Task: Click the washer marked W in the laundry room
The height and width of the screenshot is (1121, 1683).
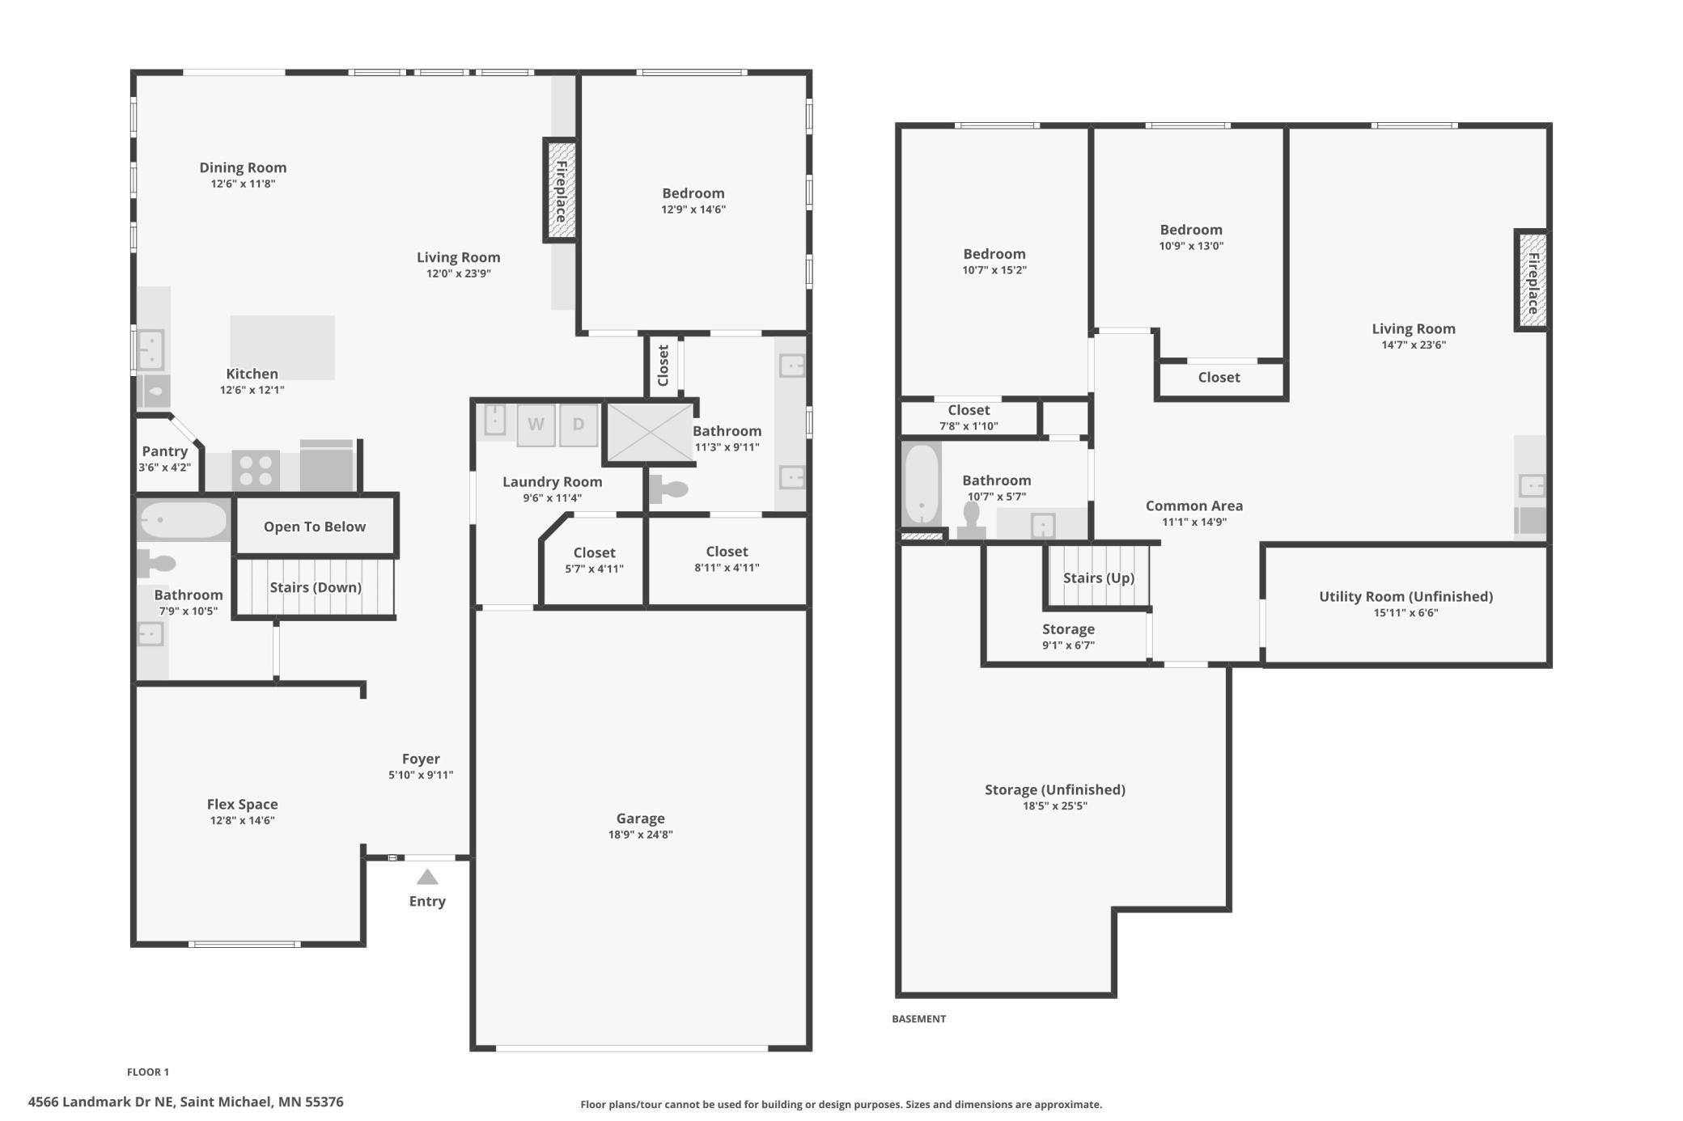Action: pos(536,425)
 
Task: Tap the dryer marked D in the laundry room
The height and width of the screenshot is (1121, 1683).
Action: pos(578,425)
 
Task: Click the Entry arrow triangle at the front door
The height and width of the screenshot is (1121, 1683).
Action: pos(427,877)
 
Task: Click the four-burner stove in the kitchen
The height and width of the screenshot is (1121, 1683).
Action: pos(256,471)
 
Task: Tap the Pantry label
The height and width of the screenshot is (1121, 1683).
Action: pos(165,451)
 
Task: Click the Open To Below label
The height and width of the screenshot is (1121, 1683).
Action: pos(315,527)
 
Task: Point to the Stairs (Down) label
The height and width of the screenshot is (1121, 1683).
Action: pos(316,587)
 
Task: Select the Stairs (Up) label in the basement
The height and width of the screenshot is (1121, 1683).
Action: pos(1099,577)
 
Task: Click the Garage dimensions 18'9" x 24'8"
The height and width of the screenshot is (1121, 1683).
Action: pos(641,835)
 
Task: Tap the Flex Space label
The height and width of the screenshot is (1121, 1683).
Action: pos(243,804)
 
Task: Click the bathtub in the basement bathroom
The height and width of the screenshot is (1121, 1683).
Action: pos(922,484)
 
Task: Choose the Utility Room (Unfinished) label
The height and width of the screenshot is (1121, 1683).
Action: pos(1406,596)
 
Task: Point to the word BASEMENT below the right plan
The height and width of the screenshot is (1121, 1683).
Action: pos(919,1019)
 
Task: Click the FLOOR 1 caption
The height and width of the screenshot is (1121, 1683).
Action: pos(148,1072)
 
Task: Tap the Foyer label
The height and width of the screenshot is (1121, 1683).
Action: pos(421,759)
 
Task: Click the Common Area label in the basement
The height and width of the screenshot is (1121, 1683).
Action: pos(1194,506)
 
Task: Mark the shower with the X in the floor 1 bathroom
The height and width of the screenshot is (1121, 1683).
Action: pos(651,432)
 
